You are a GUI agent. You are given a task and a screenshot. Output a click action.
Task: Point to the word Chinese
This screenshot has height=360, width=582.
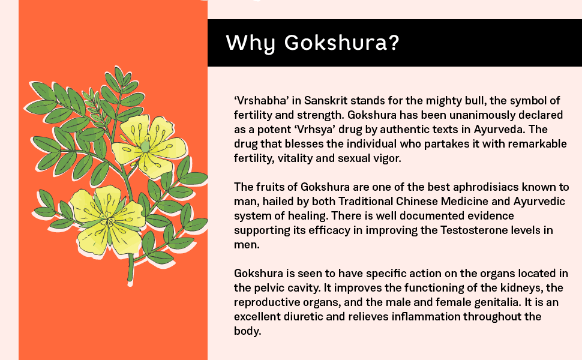(x=418, y=201)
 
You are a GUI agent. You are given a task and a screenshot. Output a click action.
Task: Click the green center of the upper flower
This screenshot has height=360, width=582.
(x=145, y=146)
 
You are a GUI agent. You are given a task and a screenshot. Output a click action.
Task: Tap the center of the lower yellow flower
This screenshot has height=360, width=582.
(x=108, y=220)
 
